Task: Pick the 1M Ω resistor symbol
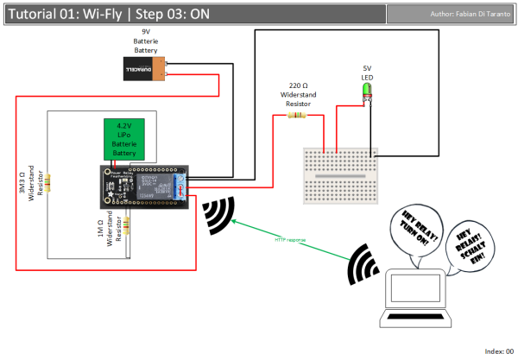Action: (128, 225)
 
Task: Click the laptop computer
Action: (419, 298)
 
